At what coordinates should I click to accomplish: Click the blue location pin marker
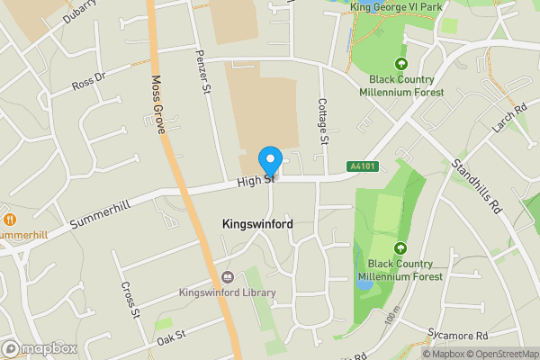(x=270, y=162)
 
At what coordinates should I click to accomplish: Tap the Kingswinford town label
(x=256, y=223)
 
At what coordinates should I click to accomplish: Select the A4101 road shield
(x=362, y=166)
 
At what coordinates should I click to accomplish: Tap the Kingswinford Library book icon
(x=226, y=277)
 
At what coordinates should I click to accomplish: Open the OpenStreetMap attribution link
(x=494, y=354)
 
